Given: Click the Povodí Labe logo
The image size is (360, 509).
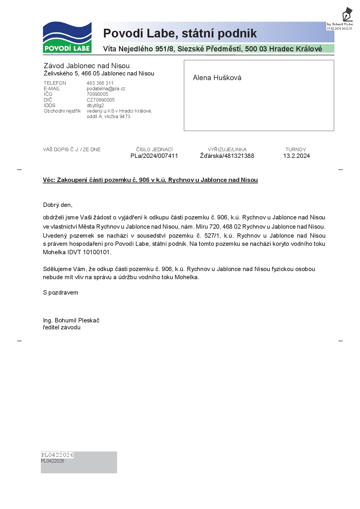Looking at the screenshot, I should coord(67,37).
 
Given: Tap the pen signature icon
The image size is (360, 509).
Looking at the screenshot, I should coord(347,14).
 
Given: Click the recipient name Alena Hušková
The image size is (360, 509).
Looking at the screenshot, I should coord(217,78).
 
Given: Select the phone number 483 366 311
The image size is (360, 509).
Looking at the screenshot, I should coord(100,83).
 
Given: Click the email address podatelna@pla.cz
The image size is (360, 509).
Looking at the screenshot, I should coord(106,89).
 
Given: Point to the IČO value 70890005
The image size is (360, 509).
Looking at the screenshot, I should coord(97,94).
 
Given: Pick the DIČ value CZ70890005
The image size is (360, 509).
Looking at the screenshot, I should coord(100,100).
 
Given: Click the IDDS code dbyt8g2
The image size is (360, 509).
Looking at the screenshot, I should coord(95,105).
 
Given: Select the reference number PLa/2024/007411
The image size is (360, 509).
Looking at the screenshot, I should coord(154,156).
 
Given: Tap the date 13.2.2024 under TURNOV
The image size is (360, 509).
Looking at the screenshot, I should coord(296,156).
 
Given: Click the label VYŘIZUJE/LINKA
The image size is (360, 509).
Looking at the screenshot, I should coord(227,149).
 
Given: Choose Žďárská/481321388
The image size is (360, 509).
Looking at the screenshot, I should coord(227,156).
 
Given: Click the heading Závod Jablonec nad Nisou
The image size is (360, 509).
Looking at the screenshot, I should coord(87,66).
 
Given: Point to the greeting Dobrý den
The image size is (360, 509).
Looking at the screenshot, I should coord(57,205).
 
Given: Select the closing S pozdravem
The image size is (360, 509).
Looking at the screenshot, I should coord(60,293).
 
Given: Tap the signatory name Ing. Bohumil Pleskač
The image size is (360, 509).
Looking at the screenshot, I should coord(71,320).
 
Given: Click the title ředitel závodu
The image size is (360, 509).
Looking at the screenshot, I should coord(62,327).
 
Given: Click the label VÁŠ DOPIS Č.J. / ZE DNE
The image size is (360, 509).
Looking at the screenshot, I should coord(72,149).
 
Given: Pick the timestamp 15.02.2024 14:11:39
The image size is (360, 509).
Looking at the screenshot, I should coord(339,28).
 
